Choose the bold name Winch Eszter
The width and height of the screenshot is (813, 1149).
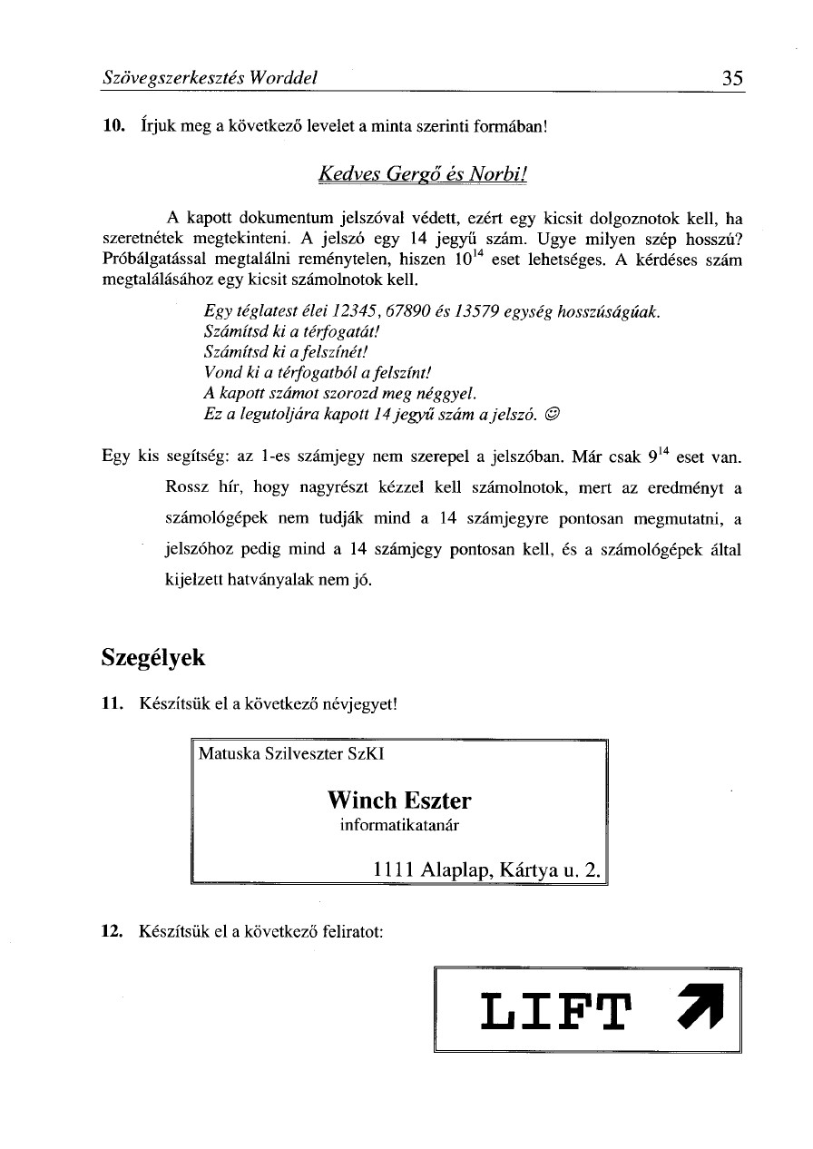tap(399, 800)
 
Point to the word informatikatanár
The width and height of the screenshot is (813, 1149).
tap(399, 825)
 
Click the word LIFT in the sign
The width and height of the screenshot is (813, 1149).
tap(553, 1009)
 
